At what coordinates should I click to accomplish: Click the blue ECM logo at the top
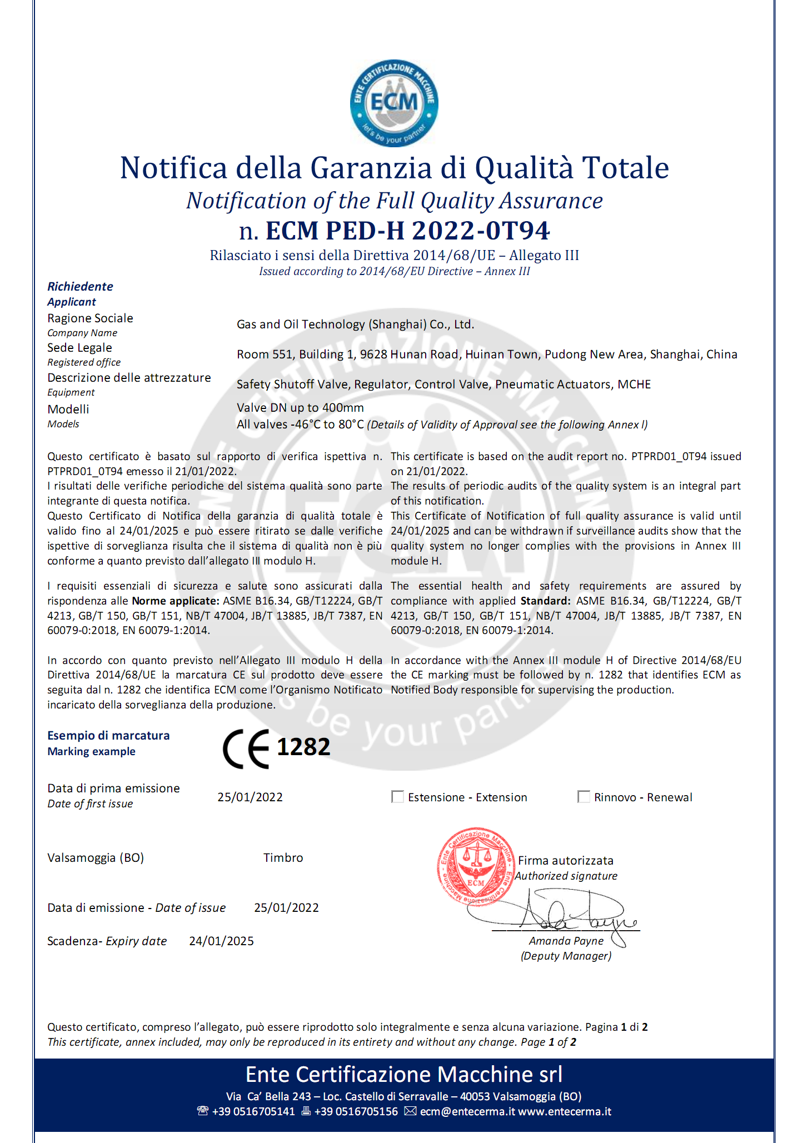[x=394, y=103]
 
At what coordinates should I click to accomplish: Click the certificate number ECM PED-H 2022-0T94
[x=407, y=231]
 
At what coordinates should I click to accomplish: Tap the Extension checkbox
[x=398, y=797]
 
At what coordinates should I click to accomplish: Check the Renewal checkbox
[x=583, y=797]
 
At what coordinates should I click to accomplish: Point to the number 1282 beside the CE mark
[x=303, y=747]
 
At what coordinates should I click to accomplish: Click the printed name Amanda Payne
[x=566, y=941]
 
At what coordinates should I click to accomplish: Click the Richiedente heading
[x=80, y=287]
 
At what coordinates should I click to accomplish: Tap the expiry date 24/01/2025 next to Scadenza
[x=221, y=941]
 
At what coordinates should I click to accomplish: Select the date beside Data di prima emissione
[x=250, y=797]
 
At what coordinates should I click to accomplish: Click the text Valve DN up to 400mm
[x=300, y=408]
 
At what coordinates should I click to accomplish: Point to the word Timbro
[x=283, y=858]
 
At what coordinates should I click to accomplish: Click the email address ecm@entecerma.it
[x=467, y=1111]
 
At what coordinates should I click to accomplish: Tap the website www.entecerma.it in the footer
[x=565, y=1111]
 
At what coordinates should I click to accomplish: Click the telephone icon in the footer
[x=203, y=1111]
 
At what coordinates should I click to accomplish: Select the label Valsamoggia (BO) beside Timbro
[x=96, y=858]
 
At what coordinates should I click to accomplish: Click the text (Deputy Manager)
[x=566, y=956]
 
